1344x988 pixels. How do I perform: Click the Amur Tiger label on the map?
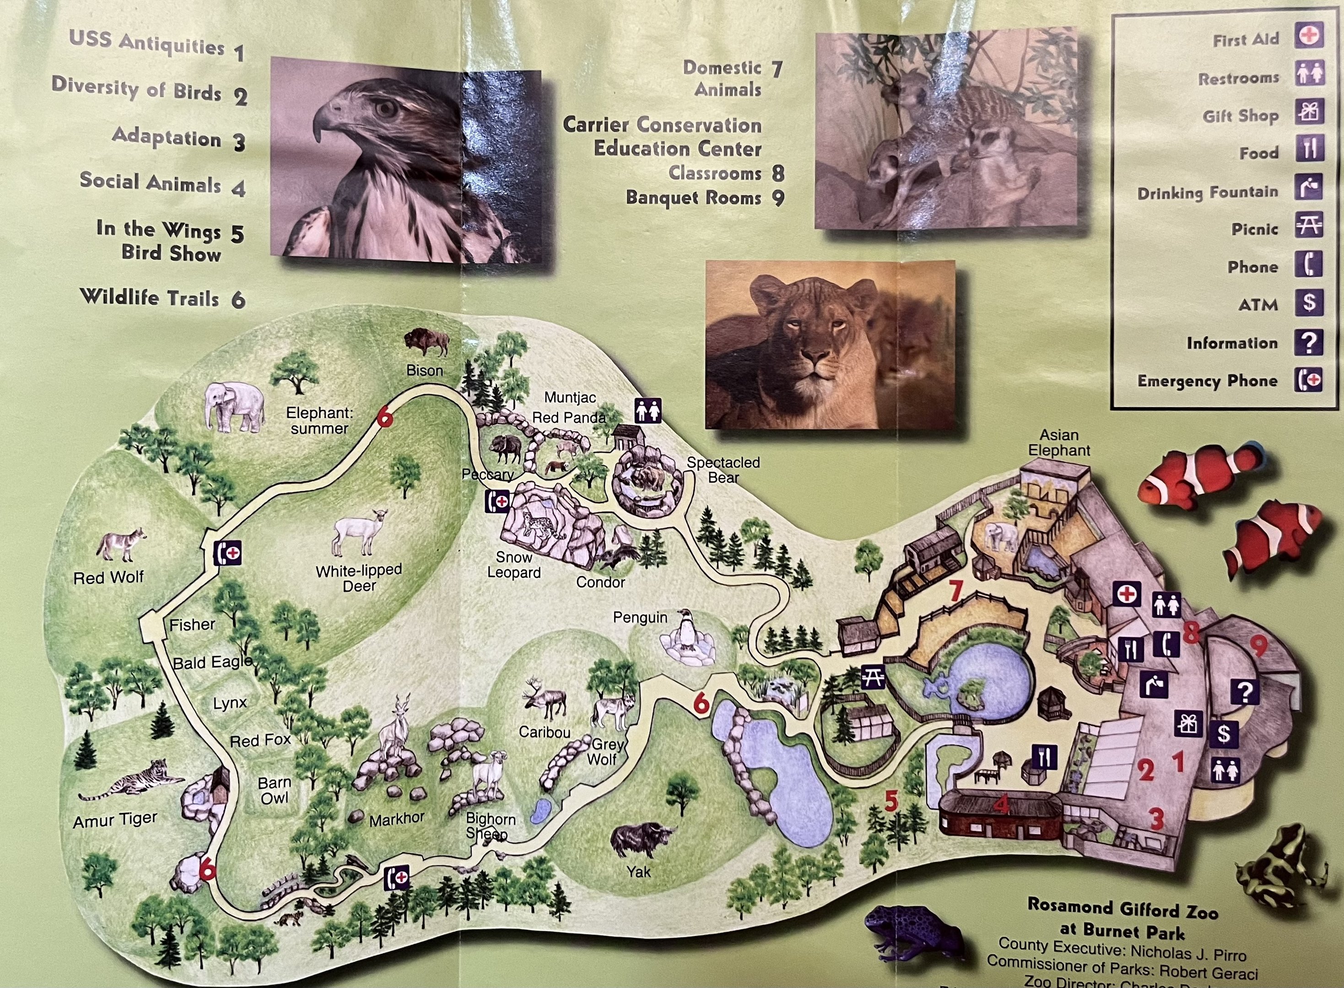[x=115, y=819]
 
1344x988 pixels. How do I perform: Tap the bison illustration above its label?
[x=426, y=342]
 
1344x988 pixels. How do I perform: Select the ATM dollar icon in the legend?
[x=1309, y=303]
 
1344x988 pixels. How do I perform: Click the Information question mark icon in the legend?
[x=1309, y=342]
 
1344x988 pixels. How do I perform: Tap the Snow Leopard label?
[x=513, y=565]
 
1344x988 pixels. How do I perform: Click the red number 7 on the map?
[x=955, y=591]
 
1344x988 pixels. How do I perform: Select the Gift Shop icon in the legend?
[x=1309, y=113]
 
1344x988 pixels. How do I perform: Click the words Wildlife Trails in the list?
[x=150, y=297]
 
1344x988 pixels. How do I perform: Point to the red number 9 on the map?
[x=1258, y=646]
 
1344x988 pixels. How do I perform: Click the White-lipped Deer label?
[x=359, y=578]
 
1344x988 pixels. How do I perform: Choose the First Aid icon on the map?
[x=1127, y=595]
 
